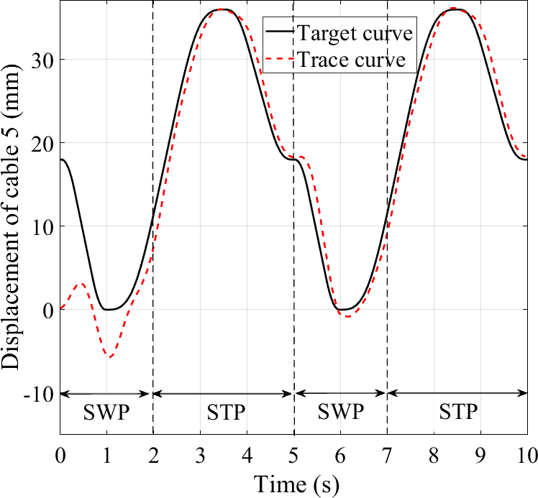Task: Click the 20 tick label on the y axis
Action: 42,143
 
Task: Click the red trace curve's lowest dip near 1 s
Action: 109,356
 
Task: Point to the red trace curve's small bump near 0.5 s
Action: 81,284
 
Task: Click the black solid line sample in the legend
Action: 279,33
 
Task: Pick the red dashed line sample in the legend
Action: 279,61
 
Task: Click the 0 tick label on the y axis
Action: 47,310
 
